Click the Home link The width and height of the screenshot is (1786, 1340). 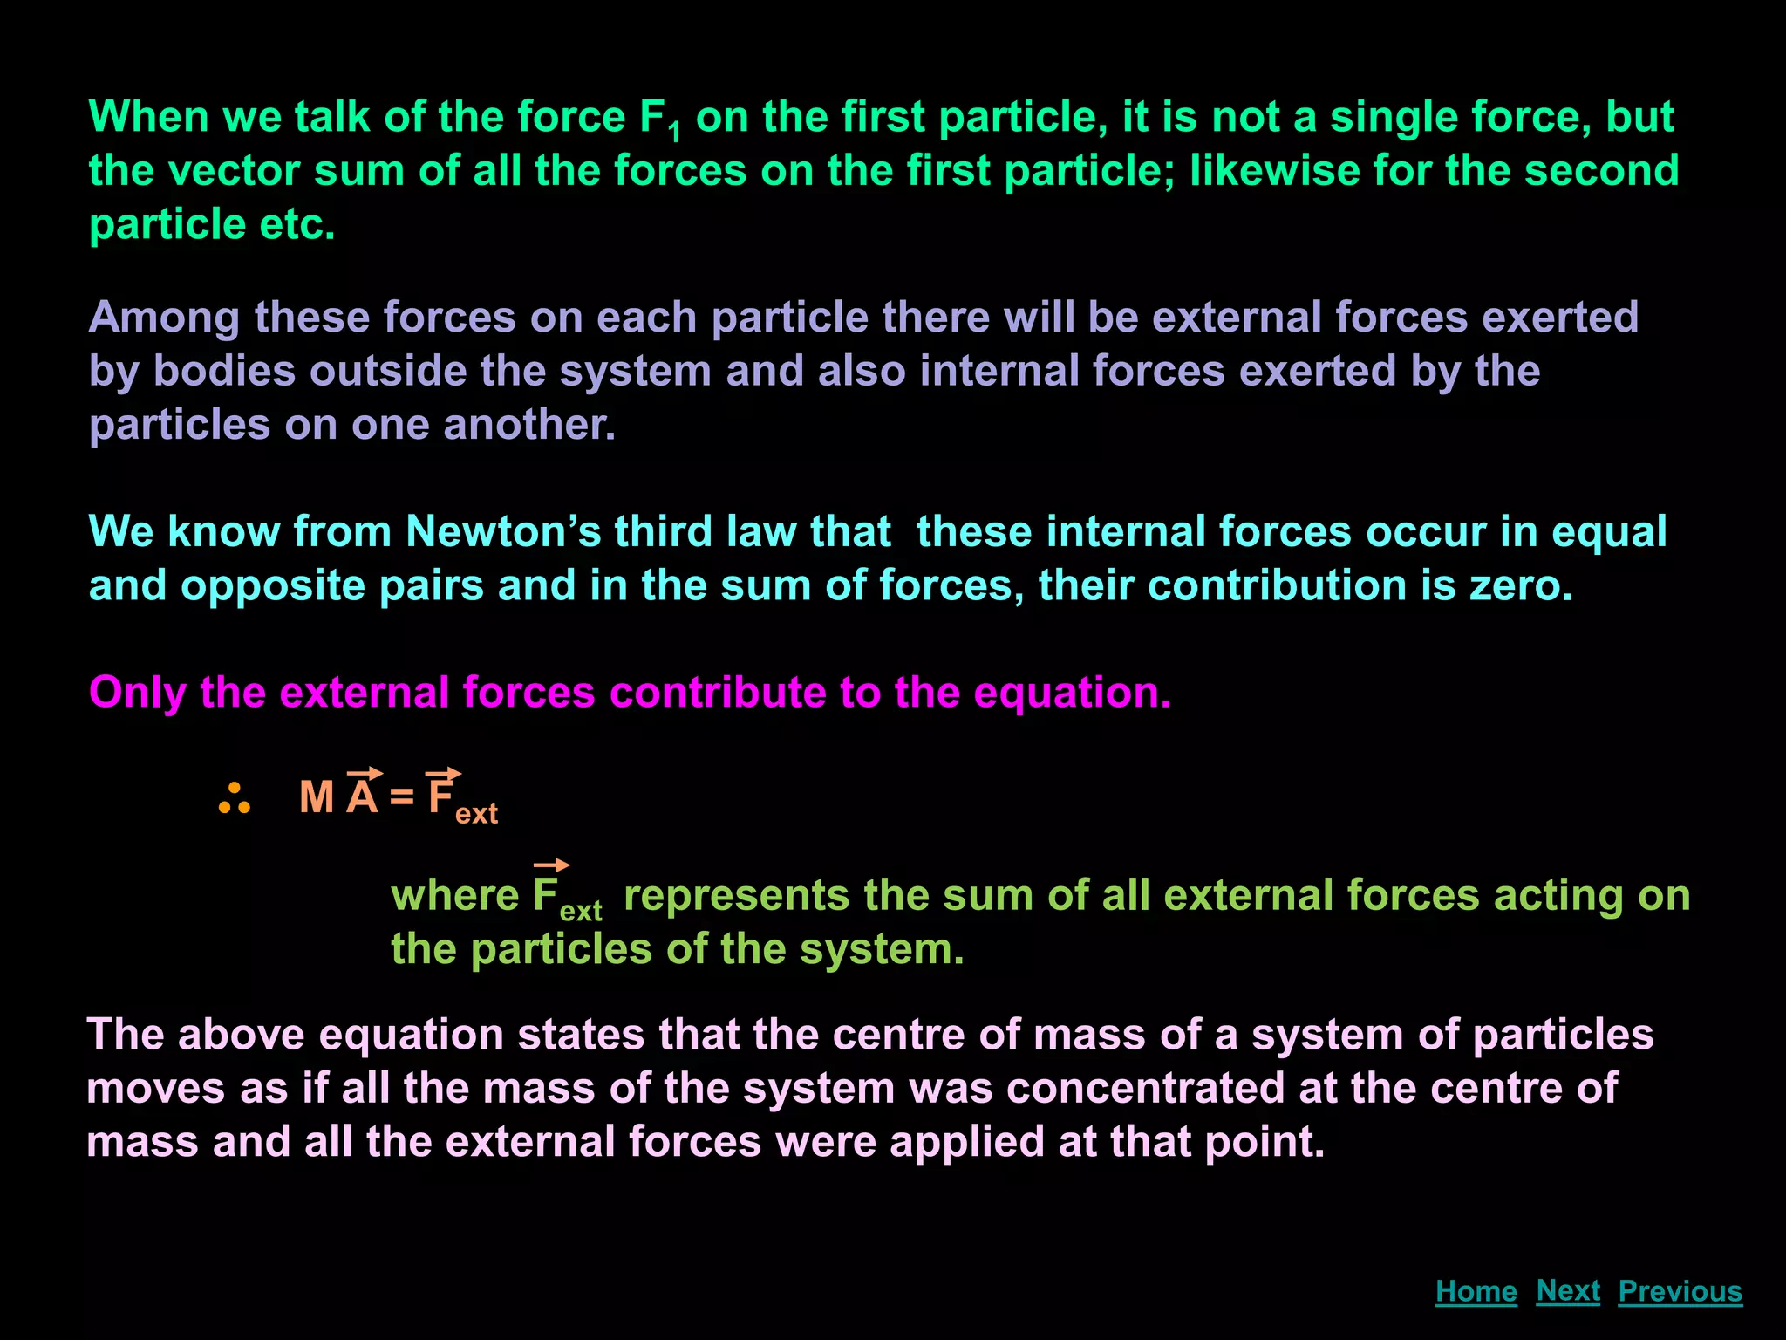(1476, 1291)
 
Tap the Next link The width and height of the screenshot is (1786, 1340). (1568, 1290)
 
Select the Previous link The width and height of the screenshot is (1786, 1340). (1680, 1291)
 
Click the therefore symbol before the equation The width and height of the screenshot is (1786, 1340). (235, 799)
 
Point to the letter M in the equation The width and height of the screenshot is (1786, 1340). (317, 797)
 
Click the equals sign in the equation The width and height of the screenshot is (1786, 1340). (402, 797)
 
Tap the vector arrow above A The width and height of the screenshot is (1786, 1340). (365, 773)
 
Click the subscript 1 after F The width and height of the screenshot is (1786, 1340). (673, 133)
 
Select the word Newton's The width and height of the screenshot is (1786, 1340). (503, 531)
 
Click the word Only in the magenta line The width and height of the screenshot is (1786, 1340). (137, 693)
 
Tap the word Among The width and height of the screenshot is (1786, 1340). (164, 318)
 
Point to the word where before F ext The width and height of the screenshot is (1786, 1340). (454, 896)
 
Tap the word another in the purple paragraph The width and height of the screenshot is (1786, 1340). (529, 425)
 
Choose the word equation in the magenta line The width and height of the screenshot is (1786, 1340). (1071, 693)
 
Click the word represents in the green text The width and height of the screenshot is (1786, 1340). (736, 896)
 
